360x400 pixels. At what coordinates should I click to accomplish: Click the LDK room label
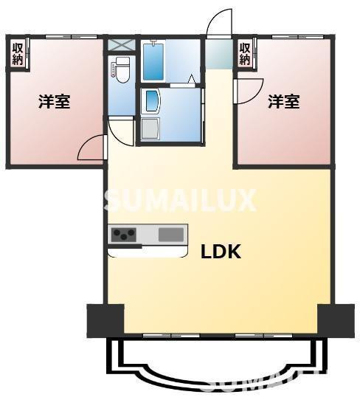click(221, 252)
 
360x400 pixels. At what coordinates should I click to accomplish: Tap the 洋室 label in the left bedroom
click(55, 102)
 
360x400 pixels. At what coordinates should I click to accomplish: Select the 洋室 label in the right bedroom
click(283, 102)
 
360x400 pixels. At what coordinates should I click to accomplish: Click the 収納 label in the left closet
click(18, 54)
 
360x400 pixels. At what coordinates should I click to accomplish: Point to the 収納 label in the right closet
click(245, 54)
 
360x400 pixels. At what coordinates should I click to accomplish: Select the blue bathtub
click(153, 62)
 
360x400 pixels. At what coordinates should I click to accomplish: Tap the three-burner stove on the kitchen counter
click(123, 234)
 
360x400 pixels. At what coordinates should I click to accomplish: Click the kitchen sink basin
click(171, 235)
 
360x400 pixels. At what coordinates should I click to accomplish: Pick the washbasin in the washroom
click(152, 102)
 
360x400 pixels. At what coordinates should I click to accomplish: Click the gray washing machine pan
click(150, 129)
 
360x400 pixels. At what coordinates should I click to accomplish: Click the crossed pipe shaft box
click(121, 45)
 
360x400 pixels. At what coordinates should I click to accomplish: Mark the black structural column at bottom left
click(105, 320)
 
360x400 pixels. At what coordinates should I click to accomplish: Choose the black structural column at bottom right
click(336, 320)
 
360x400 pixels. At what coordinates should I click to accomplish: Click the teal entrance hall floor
click(219, 54)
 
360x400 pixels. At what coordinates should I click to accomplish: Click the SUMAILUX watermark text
click(180, 200)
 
